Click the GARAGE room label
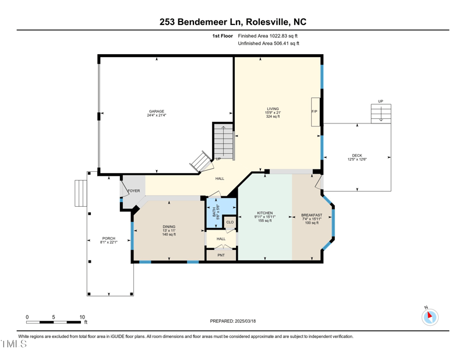pyautogui.click(x=156, y=111)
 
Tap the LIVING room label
pyautogui.click(x=273, y=108)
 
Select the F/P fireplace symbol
pyautogui.click(x=315, y=111)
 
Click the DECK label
pyautogui.click(x=356, y=156)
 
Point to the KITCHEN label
pyautogui.click(x=265, y=213)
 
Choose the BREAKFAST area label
pyautogui.click(x=312, y=215)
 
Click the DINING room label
pyautogui.click(x=169, y=227)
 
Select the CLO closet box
pyautogui.click(x=230, y=222)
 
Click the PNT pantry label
pyautogui.click(x=221, y=255)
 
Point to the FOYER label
pyautogui.click(x=133, y=190)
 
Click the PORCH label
pyautogui.click(x=109, y=238)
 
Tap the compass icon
pyautogui.click(x=430, y=316)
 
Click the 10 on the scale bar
pyautogui.click(x=82, y=317)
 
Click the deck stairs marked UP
pyautogui.click(x=381, y=113)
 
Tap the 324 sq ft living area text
pyautogui.click(x=273, y=117)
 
